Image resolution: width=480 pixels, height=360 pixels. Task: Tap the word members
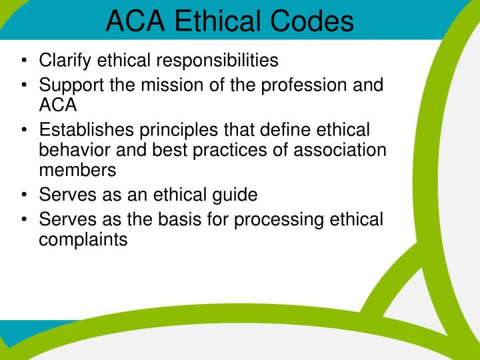77,169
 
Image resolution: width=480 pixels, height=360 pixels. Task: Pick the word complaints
83,239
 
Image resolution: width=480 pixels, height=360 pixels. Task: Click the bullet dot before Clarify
24,61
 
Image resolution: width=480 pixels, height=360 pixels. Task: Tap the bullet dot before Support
24,86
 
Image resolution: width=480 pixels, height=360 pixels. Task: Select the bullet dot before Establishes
24,130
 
